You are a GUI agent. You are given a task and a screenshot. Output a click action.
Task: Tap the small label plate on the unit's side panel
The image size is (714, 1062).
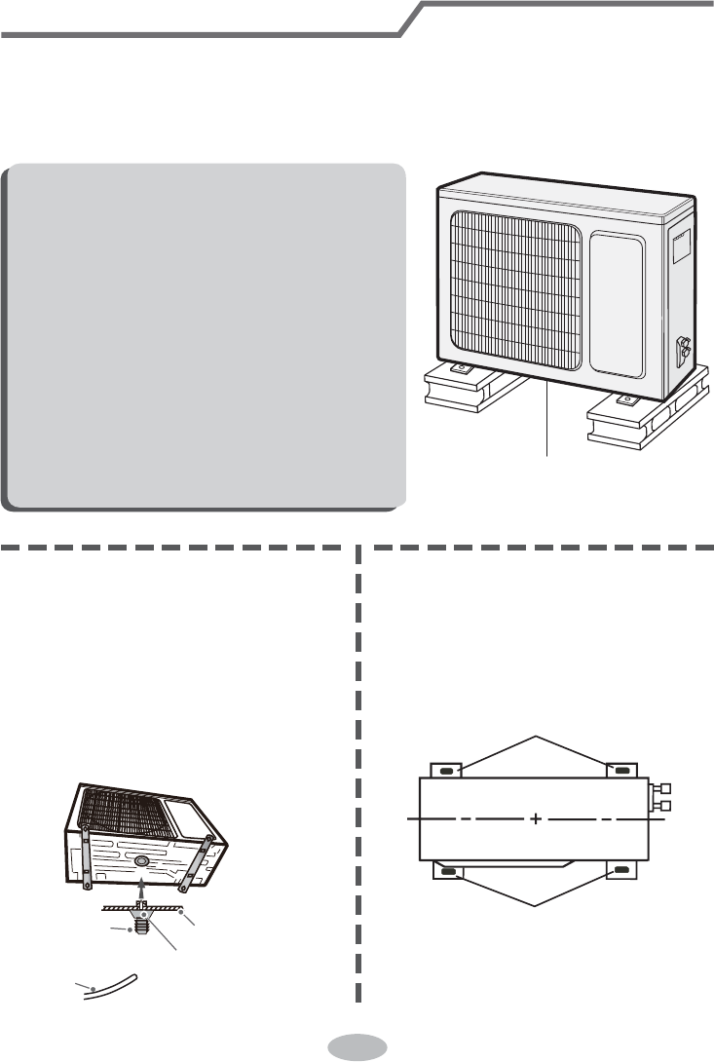click(x=680, y=244)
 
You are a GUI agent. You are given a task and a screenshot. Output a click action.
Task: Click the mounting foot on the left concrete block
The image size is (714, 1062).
click(x=461, y=368)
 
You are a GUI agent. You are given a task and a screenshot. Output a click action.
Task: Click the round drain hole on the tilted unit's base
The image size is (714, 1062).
click(x=141, y=861)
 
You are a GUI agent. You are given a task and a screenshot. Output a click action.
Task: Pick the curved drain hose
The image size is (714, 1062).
click(x=112, y=982)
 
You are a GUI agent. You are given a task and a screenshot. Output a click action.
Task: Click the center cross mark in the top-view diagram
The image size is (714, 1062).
click(x=536, y=820)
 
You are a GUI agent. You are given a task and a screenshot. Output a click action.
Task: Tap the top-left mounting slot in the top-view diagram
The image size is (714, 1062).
click(x=447, y=771)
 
